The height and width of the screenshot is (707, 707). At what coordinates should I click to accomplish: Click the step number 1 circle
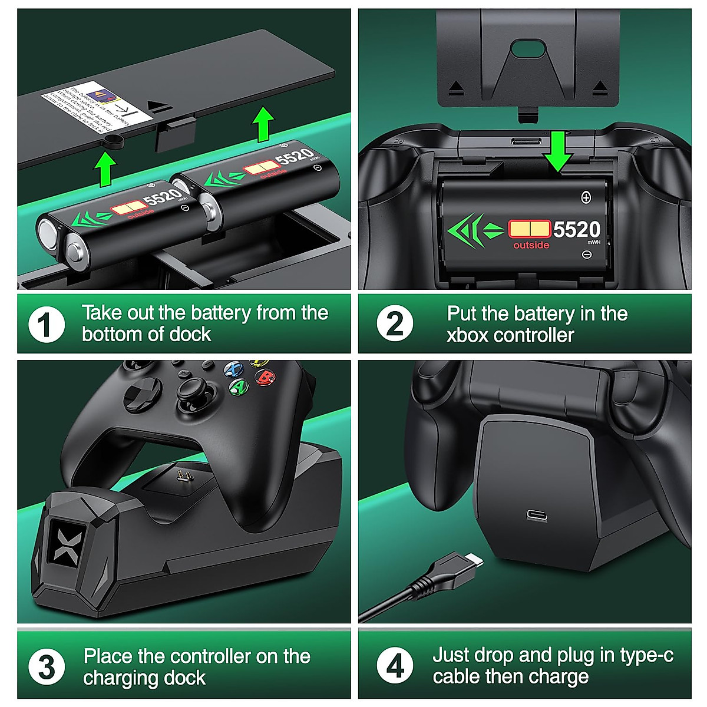(x=47, y=324)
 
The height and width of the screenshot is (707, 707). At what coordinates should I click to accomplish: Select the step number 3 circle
(x=47, y=667)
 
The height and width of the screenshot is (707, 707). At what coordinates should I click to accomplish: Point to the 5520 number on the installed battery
(x=576, y=229)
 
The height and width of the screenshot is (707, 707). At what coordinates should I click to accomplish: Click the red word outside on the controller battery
(x=531, y=245)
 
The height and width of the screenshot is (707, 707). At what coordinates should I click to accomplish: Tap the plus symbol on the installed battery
(x=586, y=197)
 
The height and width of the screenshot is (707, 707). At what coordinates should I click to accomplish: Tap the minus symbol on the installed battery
(x=586, y=255)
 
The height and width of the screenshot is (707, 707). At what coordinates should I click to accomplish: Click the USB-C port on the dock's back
(x=537, y=516)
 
